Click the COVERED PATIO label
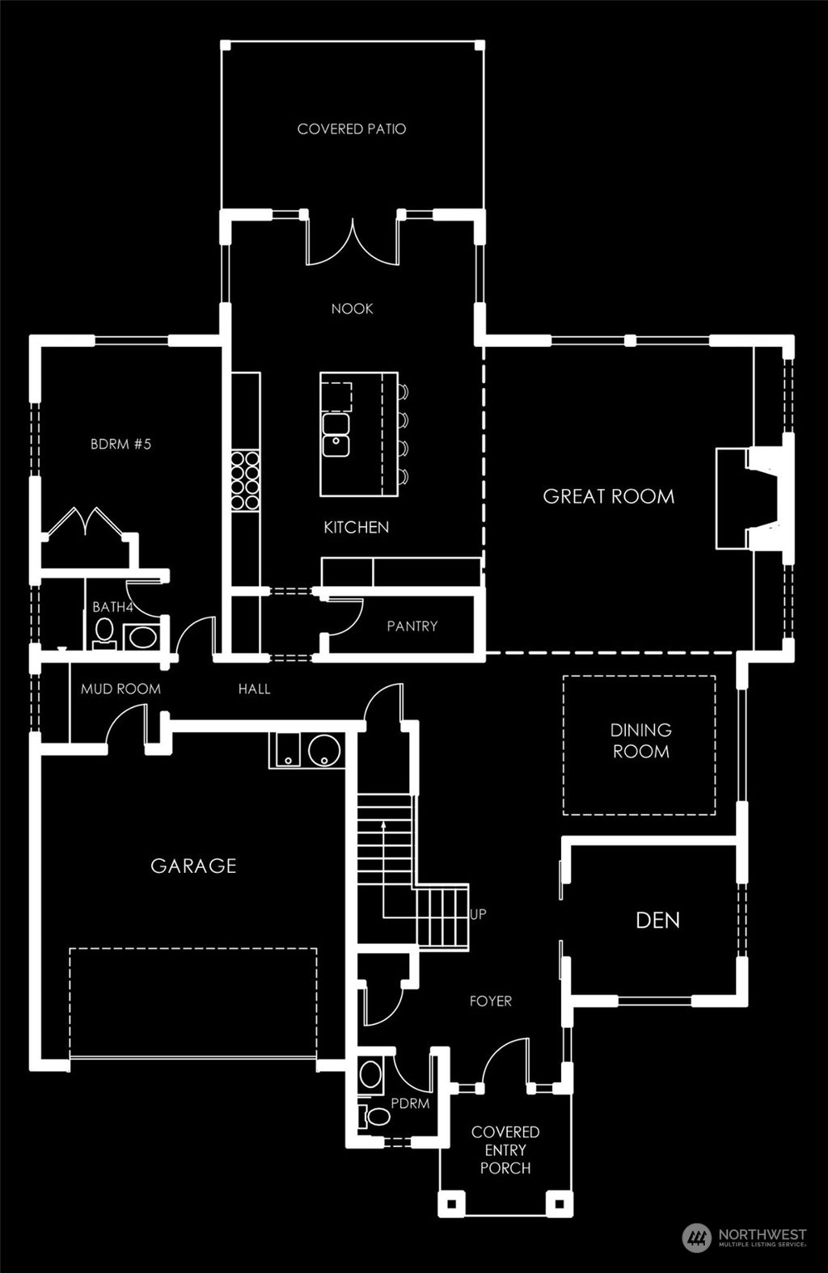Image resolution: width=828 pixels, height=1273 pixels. click(x=352, y=129)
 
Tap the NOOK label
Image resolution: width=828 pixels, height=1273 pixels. click(x=353, y=309)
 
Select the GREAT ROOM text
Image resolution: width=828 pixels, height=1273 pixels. click(x=608, y=496)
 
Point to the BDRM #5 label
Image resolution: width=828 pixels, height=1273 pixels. click(x=120, y=444)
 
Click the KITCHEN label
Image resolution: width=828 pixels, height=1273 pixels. click(x=356, y=527)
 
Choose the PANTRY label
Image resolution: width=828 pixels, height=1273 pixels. click(x=412, y=626)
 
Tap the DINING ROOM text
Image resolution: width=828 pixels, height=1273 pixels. click(x=640, y=740)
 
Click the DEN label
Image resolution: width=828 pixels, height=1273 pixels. click(x=657, y=920)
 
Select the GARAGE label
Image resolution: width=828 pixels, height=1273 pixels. click(x=193, y=866)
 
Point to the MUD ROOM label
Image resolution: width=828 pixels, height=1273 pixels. click(x=120, y=689)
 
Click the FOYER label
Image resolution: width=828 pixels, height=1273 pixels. click(x=491, y=1001)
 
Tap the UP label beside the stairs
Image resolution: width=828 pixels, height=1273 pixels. click(x=478, y=914)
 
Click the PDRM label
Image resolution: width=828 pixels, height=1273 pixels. click(x=410, y=1103)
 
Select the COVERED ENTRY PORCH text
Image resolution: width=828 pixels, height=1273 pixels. click(x=505, y=1149)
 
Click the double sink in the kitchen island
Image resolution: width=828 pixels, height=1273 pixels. click(x=336, y=434)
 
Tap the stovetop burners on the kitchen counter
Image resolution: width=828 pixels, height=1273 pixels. click(x=245, y=481)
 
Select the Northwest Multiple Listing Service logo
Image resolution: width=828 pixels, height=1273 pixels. click(x=745, y=1237)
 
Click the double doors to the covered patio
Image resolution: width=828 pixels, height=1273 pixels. click(x=353, y=242)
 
